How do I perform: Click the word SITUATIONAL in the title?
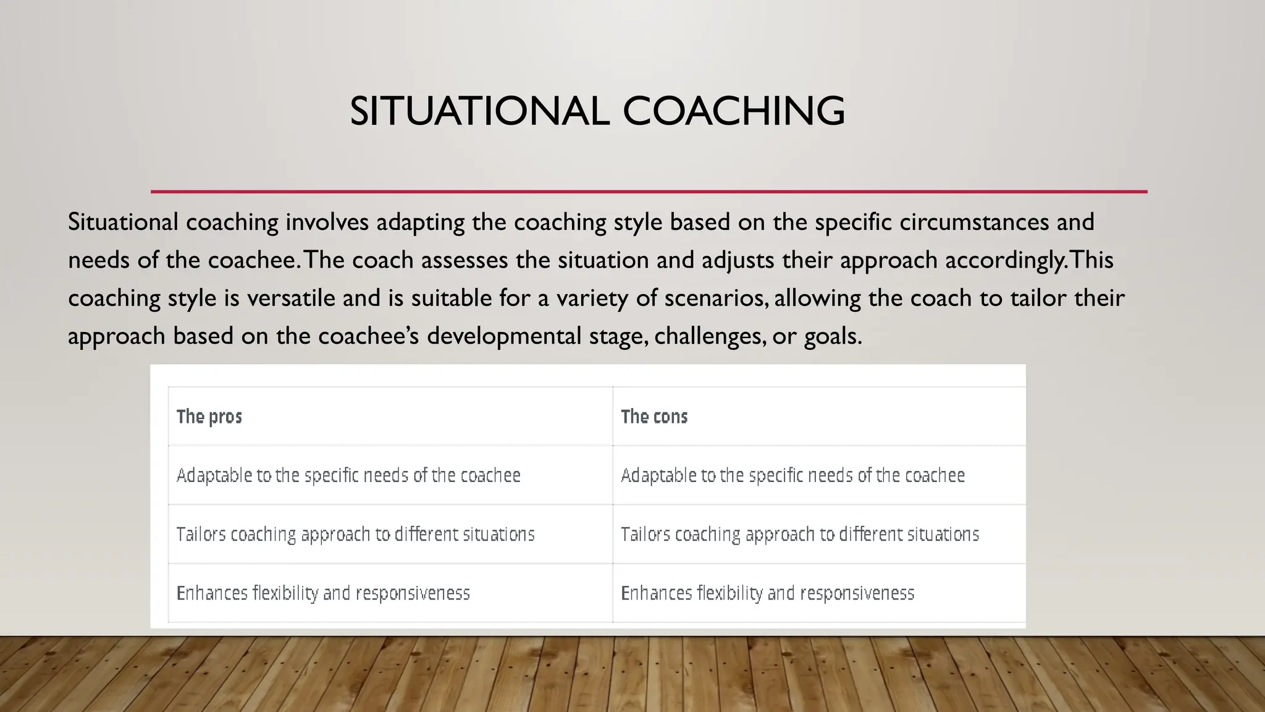click(x=479, y=111)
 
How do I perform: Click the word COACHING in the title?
click(x=733, y=111)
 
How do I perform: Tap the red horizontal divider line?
click(x=649, y=192)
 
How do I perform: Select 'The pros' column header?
click(x=209, y=417)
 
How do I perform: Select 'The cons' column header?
click(x=654, y=417)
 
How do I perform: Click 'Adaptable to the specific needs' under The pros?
click(x=348, y=475)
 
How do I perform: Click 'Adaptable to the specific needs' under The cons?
click(x=792, y=475)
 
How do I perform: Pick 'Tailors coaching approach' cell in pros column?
click(x=355, y=534)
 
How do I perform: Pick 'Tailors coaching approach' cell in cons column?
click(x=800, y=534)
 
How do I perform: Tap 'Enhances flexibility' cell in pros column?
click(x=323, y=593)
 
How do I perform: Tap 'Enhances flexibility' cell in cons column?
click(x=767, y=593)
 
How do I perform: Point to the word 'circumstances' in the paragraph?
click(x=973, y=222)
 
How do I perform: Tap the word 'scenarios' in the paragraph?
click(x=715, y=299)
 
